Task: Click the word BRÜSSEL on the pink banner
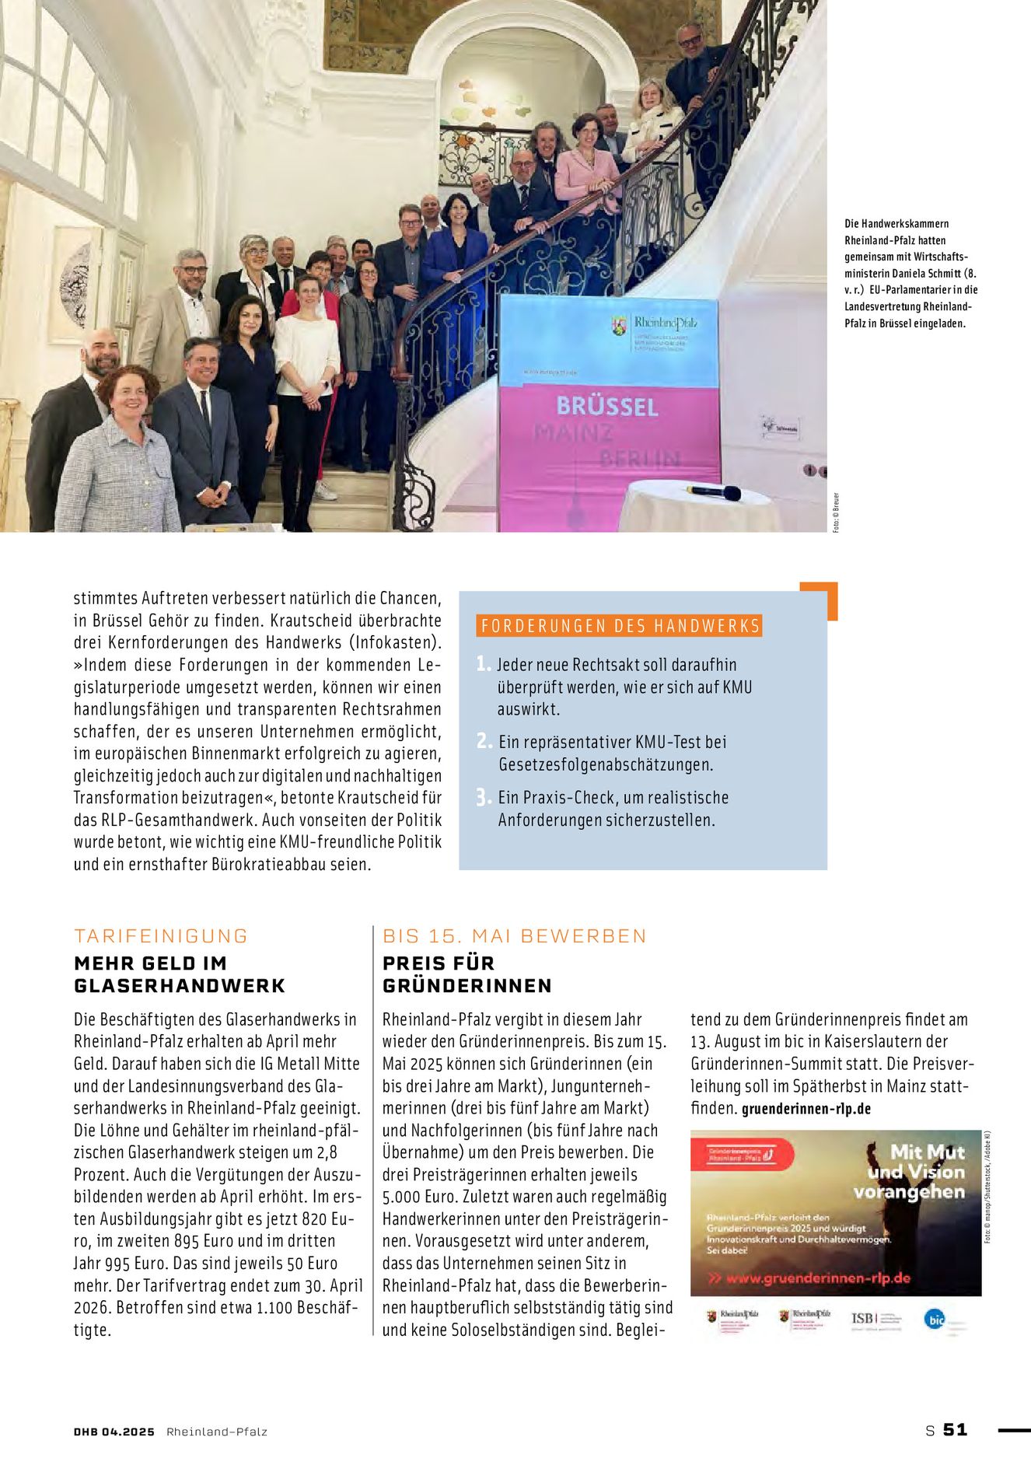(x=607, y=406)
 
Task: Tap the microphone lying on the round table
(x=713, y=491)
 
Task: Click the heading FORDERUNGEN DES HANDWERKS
(x=620, y=626)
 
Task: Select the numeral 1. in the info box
(x=484, y=663)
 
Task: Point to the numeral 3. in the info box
(x=484, y=797)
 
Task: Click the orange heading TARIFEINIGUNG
(x=161, y=935)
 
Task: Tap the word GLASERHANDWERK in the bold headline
(x=180, y=985)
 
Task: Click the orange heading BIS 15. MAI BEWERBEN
(x=514, y=935)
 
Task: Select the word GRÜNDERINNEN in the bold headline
(x=467, y=985)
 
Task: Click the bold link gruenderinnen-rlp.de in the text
(x=806, y=1109)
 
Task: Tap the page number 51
(x=955, y=1429)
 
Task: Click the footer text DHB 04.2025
(x=114, y=1431)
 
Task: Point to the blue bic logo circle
(x=934, y=1318)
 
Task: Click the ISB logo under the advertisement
(x=864, y=1318)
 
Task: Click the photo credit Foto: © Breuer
(x=836, y=512)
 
